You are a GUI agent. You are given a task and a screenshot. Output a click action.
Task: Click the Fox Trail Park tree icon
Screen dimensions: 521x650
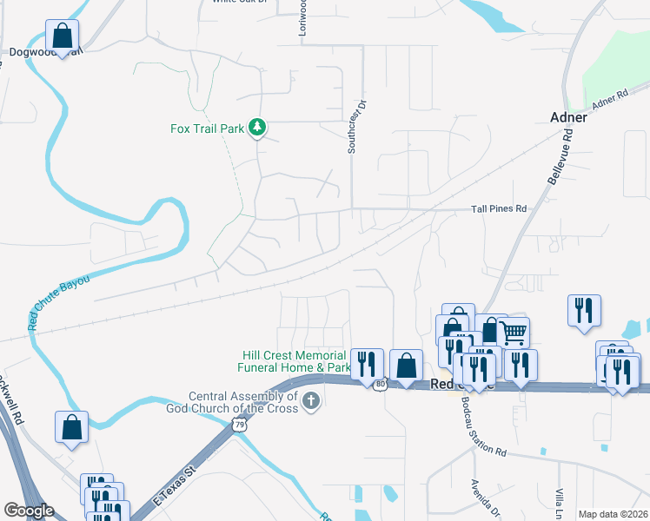256,129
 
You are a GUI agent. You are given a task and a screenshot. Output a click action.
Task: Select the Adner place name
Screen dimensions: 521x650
570,117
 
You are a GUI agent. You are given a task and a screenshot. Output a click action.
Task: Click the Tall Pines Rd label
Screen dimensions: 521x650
499,209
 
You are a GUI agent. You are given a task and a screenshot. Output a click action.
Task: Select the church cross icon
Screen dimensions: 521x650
311,400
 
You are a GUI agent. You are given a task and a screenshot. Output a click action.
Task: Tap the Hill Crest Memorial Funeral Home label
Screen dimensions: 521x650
295,361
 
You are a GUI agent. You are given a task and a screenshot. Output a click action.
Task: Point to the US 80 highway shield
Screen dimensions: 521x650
380,383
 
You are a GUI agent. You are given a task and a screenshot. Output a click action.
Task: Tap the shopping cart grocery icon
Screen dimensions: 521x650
514,331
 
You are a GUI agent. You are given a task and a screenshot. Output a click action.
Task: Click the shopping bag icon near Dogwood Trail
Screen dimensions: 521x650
62,36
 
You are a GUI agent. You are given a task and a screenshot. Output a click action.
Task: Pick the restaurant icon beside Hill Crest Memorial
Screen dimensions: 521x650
368,362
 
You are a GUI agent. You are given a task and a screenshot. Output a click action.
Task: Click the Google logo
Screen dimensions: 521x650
29,511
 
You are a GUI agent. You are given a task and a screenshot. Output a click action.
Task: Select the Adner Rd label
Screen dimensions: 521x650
610,100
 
